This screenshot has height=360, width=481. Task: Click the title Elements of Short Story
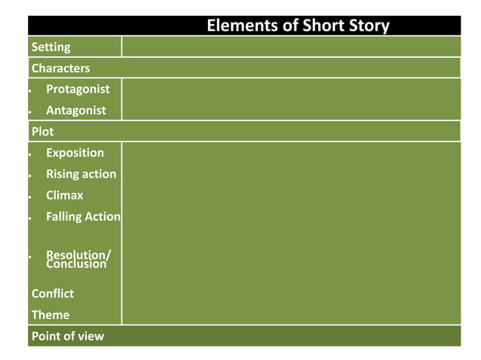(x=298, y=26)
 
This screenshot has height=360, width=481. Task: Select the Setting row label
(x=51, y=47)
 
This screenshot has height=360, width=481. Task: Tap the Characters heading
(x=60, y=68)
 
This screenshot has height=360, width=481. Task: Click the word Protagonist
(x=78, y=89)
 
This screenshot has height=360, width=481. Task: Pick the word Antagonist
(x=75, y=110)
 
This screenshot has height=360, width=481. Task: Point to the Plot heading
(x=42, y=131)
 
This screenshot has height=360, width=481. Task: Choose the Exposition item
(x=75, y=153)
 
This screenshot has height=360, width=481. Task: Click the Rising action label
(x=81, y=174)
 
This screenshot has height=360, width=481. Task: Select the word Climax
(x=64, y=195)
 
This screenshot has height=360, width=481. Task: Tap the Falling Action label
(x=83, y=216)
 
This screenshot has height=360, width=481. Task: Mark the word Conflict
(x=52, y=294)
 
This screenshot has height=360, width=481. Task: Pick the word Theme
(x=50, y=315)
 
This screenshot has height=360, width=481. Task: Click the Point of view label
(x=67, y=336)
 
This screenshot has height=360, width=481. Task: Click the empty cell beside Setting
(x=290, y=47)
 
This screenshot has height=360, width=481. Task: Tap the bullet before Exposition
(x=29, y=154)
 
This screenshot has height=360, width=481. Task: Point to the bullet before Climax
(x=29, y=197)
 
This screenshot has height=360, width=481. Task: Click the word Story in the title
(x=365, y=26)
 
